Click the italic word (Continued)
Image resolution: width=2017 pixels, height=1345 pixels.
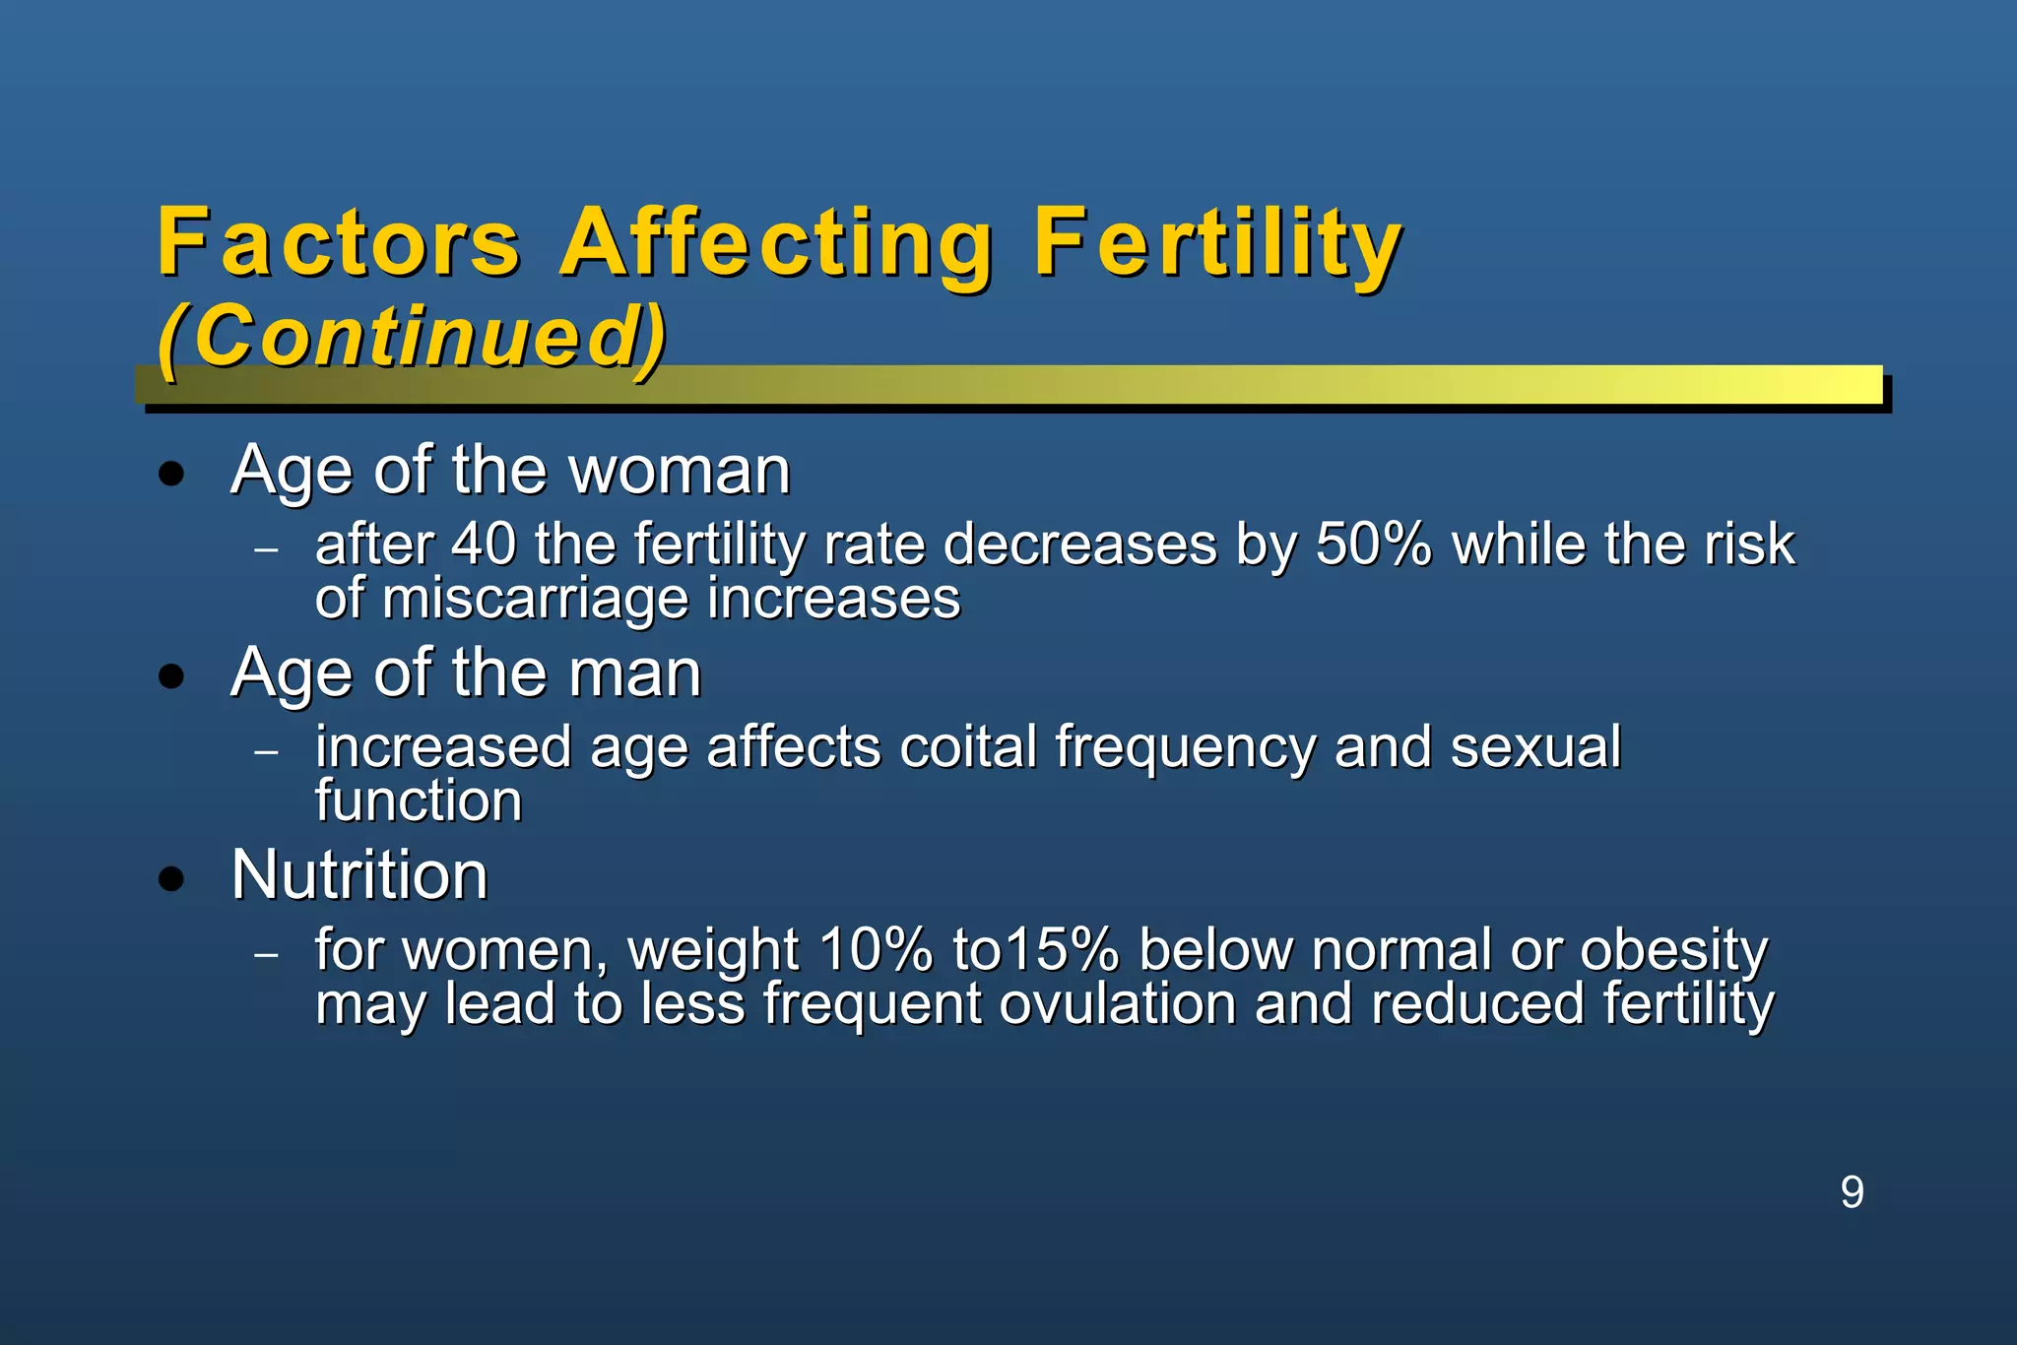[x=412, y=337]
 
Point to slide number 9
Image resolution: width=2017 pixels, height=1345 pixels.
[x=1852, y=1192]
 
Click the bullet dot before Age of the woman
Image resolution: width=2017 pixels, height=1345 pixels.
[x=172, y=474]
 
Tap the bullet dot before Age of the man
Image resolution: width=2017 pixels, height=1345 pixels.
[x=172, y=676]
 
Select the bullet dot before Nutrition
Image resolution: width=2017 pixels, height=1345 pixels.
[x=172, y=878]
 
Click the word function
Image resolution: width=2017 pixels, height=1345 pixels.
[x=419, y=801]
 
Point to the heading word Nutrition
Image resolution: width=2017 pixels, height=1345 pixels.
[x=359, y=874]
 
